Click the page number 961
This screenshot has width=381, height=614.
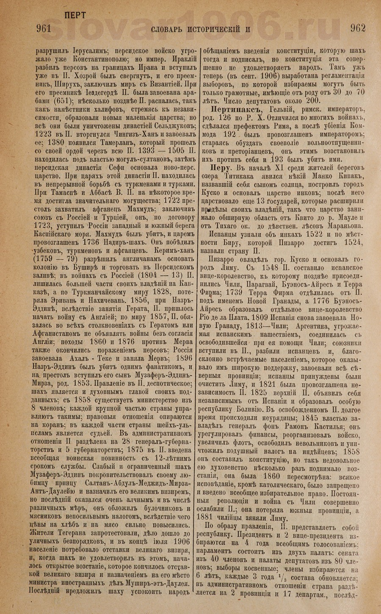pyautogui.click(x=44, y=29)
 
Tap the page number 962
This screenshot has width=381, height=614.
pyautogui.click(x=358, y=29)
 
